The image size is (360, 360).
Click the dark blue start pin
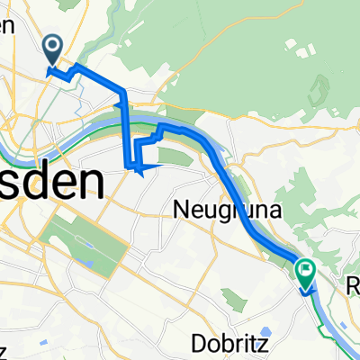(52, 50)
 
